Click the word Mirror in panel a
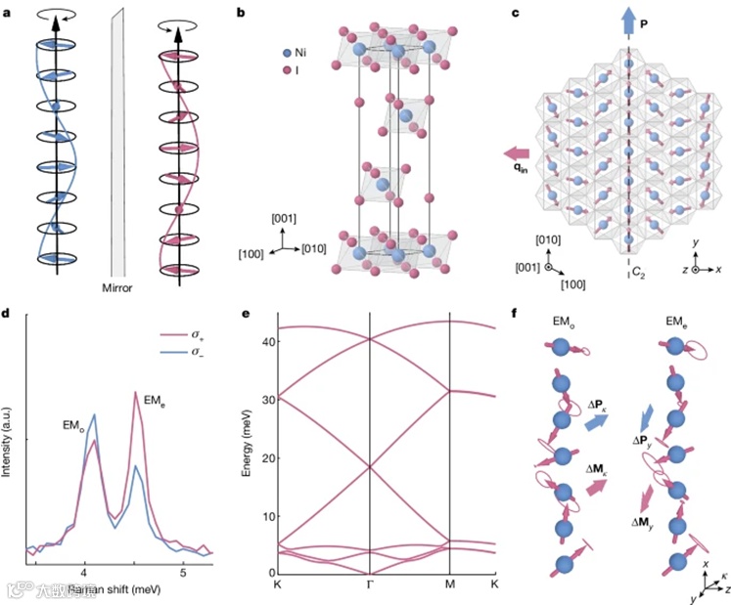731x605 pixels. (x=121, y=289)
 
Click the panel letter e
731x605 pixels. (x=245, y=316)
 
